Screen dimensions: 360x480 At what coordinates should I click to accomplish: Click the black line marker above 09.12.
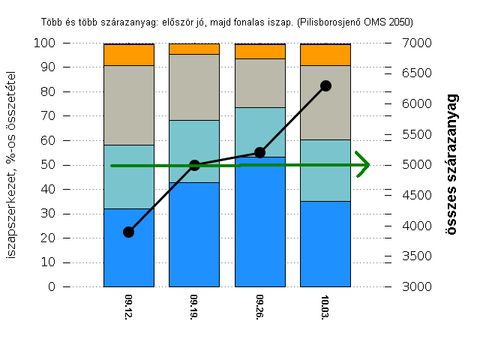pyautogui.click(x=128, y=232)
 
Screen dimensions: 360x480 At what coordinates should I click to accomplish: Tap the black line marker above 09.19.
pyautogui.click(x=194, y=165)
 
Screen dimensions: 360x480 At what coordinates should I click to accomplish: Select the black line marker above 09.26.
pyautogui.click(x=259, y=152)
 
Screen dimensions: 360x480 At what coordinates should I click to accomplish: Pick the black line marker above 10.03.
pyautogui.click(x=325, y=85)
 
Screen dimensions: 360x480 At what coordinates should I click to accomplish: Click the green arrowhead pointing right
pyautogui.click(x=364, y=165)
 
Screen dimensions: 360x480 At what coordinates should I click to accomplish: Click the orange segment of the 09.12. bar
pyautogui.click(x=128, y=55)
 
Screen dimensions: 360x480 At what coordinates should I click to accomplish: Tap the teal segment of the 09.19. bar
pyautogui.click(x=194, y=151)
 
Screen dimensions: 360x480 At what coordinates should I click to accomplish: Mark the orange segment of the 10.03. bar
pyautogui.click(x=325, y=55)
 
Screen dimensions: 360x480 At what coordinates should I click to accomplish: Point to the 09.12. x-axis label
pyautogui.click(x=129, y=307)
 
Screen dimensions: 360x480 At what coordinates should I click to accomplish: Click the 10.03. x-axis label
pyautogui.click(x=325, y=307)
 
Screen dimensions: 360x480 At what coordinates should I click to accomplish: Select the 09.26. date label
pyautogui.click(x=260, y=307)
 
